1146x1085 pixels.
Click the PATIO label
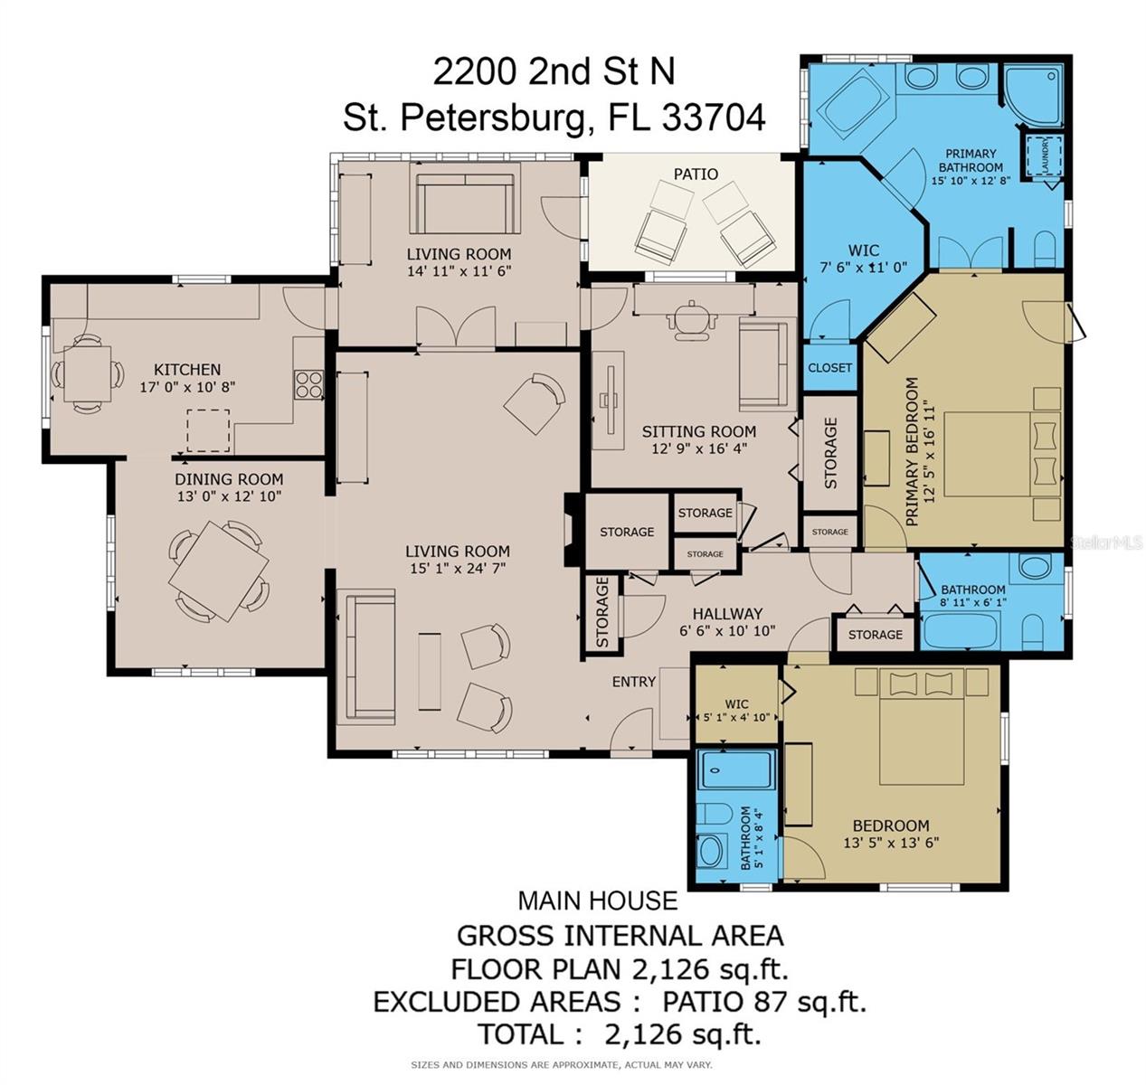(x=696, y=175)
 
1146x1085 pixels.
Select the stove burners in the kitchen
(x=309, y=384)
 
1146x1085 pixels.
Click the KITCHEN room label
(x=187, y=370)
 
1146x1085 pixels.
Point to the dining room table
(x=219, y=571)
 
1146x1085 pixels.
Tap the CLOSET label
(x=829, y=368)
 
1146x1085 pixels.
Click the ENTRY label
(x=634, y=681)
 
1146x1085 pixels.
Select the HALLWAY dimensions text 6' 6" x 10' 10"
(x=727, y=630)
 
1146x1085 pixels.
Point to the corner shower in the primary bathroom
(x=1033, y=96)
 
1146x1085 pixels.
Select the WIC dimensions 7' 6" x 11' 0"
(x=863, y=268)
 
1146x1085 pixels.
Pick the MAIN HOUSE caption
(x=598, y=901)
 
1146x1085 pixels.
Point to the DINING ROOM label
(x=229, y=479)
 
